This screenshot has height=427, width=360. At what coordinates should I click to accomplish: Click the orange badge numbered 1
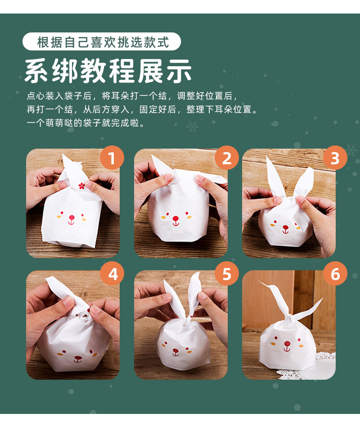click(112, 158)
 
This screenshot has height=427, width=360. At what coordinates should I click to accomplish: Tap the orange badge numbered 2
click(227, 158)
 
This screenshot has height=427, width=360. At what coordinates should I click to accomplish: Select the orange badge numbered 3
click(335, 158)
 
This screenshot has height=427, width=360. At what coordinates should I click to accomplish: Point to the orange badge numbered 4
click(112, 274)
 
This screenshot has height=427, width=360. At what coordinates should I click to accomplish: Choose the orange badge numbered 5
click(227, 274)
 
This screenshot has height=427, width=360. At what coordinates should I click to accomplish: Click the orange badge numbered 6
click(335, 274)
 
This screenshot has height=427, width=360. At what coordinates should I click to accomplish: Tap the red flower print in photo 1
click(81, 186)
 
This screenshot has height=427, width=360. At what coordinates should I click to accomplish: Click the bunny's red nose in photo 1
click(72, 218)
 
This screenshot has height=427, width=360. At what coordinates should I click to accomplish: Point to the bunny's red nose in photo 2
click(176, 218)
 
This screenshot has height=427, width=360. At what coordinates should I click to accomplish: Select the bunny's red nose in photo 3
click(285, 227)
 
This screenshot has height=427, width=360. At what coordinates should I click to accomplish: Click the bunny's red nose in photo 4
click(78, 358)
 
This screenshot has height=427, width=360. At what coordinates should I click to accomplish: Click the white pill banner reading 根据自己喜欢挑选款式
click(102, 41)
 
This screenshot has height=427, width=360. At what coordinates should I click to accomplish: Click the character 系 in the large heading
click(37, 71)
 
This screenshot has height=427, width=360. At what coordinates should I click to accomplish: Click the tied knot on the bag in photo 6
click(288, 318)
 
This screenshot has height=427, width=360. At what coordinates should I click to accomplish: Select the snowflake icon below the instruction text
click(193, 127)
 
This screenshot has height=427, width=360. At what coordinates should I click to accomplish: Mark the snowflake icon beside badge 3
click(351, 150)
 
